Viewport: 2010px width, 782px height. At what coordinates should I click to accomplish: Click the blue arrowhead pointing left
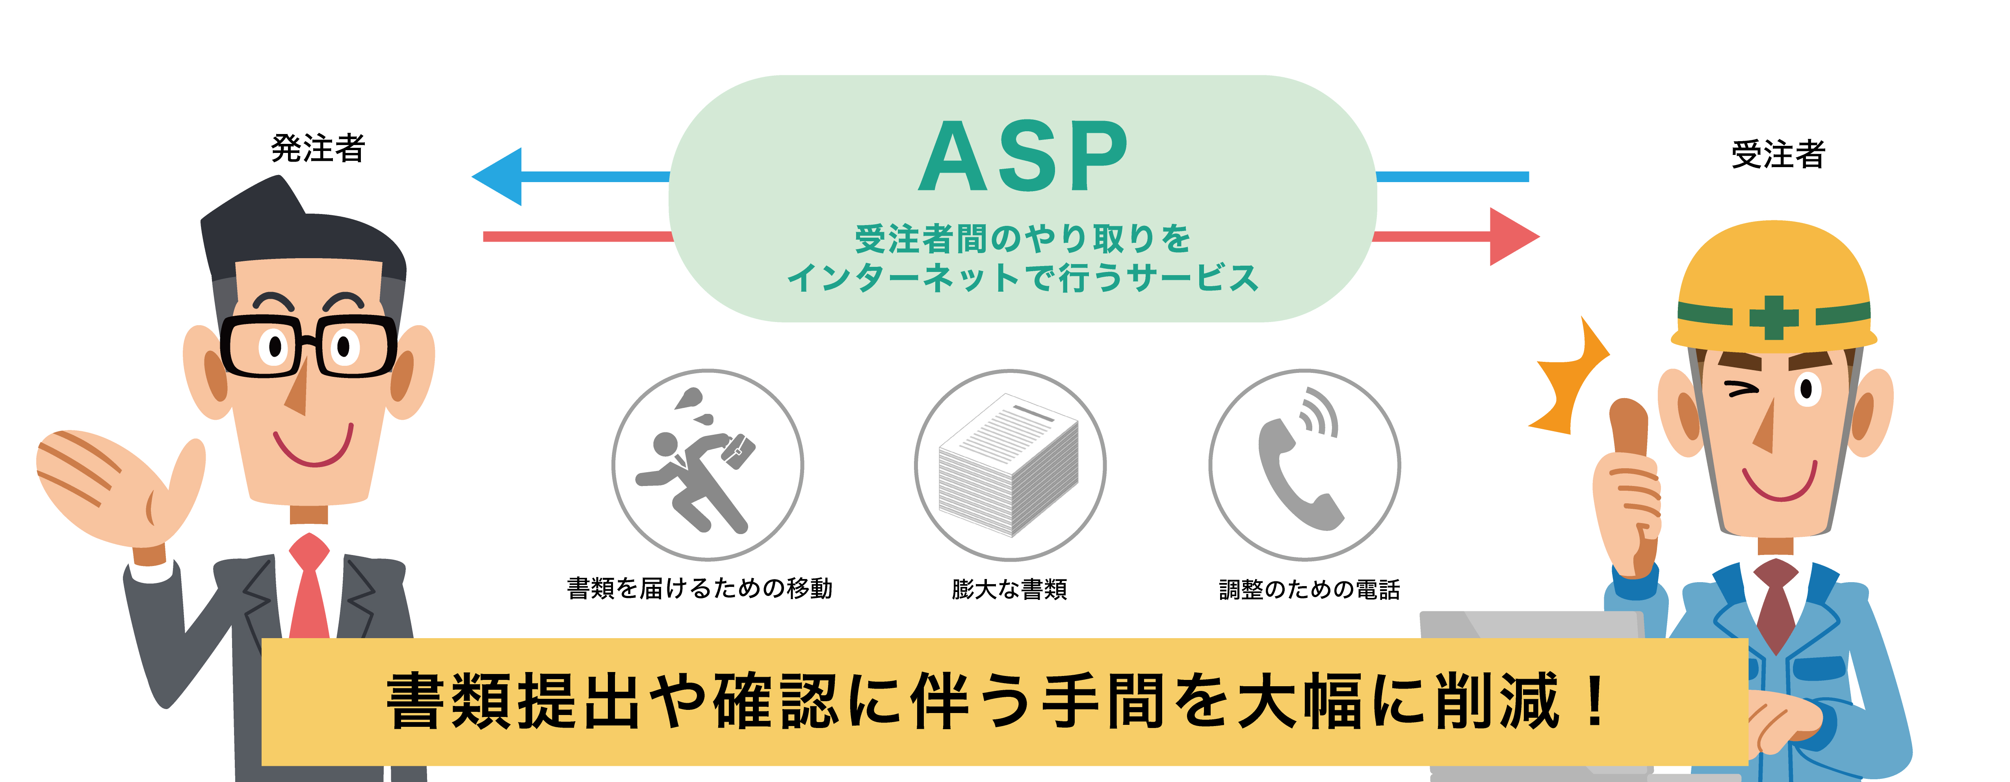point(500,176)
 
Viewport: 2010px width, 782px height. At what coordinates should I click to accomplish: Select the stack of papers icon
point(1009,466)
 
